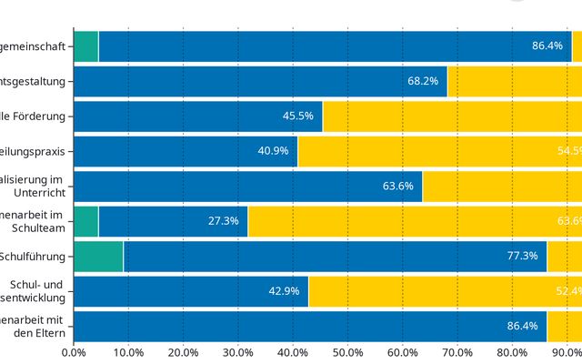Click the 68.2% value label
423,81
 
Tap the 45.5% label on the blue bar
298,116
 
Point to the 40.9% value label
274,151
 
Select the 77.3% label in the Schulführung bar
523,256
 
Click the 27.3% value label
224,221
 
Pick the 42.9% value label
285,291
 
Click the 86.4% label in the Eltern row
523,326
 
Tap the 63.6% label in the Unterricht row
398,187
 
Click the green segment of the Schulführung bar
97,256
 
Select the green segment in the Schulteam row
85,221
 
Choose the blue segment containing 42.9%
190,291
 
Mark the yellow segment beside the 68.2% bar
514,81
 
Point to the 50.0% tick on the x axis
348,351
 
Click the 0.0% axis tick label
73,351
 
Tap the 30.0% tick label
238,351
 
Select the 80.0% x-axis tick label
513,351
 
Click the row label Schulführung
33,256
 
